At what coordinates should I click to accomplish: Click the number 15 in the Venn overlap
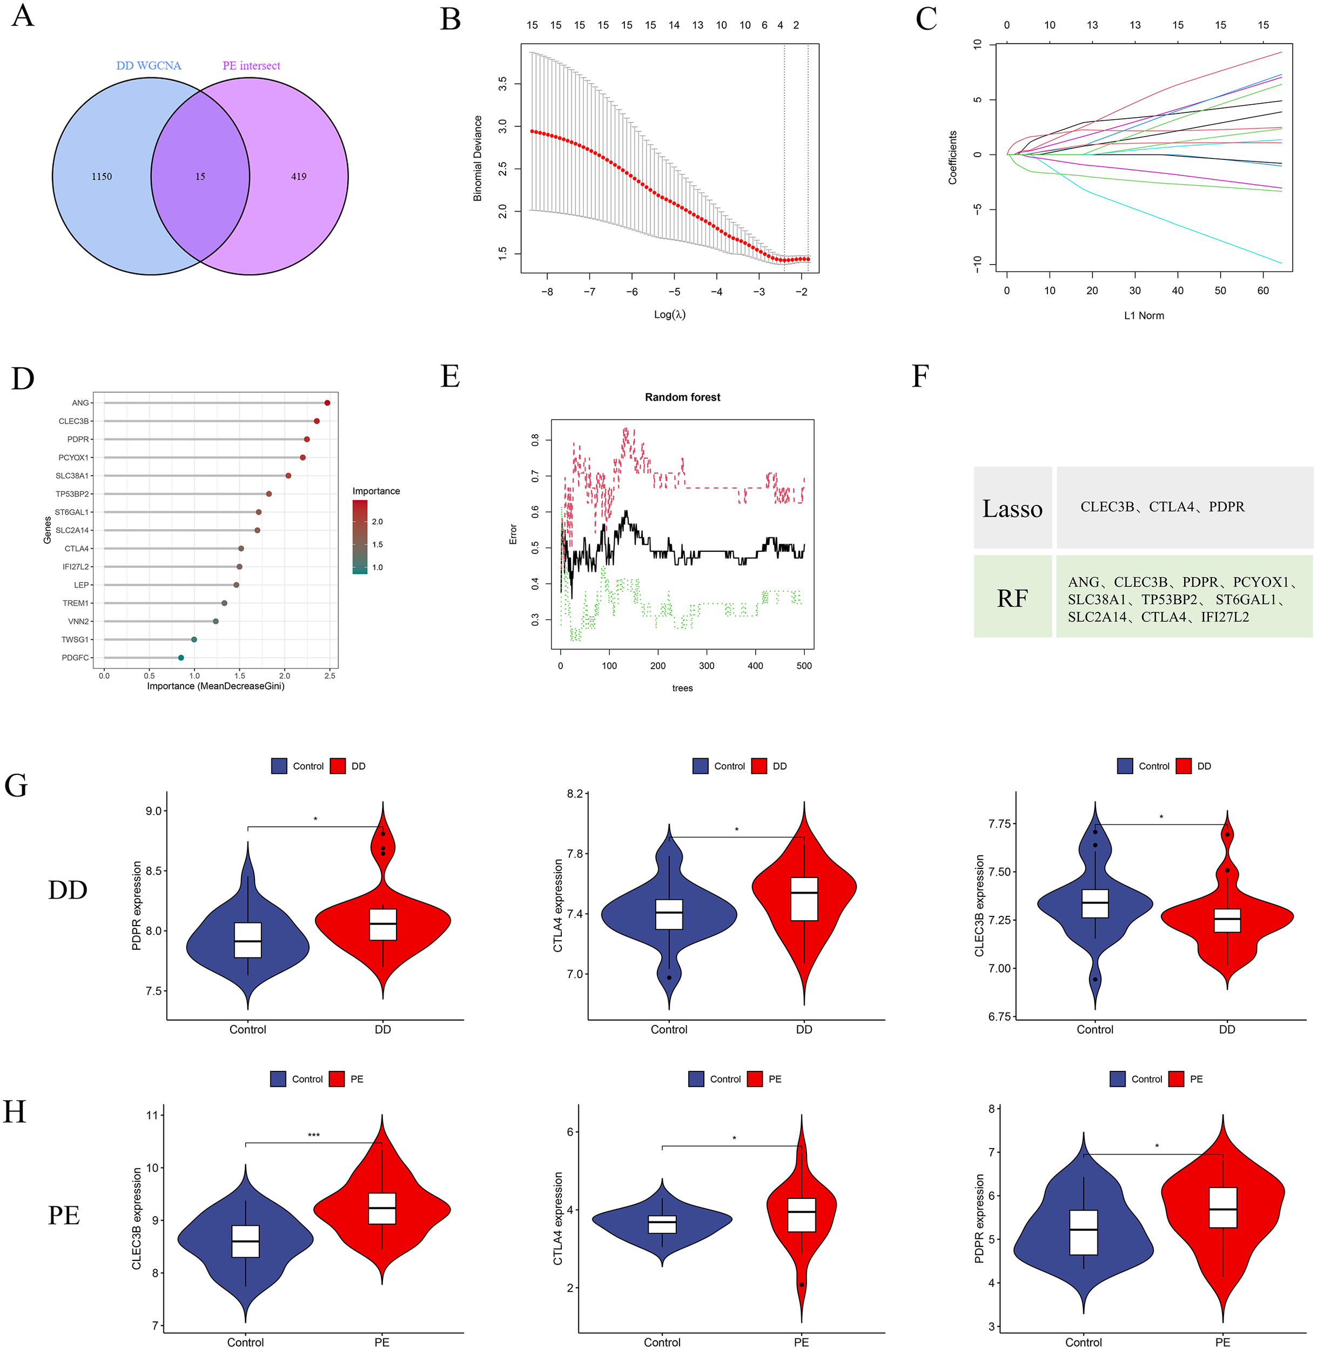click(200, 177)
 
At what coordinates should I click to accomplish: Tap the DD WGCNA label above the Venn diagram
click(149, 66)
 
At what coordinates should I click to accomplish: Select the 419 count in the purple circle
click(298, 177)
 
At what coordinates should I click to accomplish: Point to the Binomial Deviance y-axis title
click(478, 158)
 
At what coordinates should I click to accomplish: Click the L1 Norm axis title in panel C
click(1144, 315)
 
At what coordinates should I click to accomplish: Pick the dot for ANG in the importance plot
click(327, 402)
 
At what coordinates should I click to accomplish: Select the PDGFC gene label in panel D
click(76, 658)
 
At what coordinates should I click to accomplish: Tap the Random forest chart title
click(682, 397)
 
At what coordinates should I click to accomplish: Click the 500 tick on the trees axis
click(804, 665)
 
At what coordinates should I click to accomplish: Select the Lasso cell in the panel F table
click(1012, 508)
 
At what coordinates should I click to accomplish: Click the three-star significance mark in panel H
click(313, 1135)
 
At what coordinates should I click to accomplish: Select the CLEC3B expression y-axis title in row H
click(137, 1219)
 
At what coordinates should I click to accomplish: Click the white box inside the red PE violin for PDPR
click(1222, 1207)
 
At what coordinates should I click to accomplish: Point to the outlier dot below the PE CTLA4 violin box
click(801, 1284)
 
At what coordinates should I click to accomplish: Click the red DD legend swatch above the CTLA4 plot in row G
click(759, 766)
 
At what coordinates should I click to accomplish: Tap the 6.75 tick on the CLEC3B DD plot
click(1000, 1016)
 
